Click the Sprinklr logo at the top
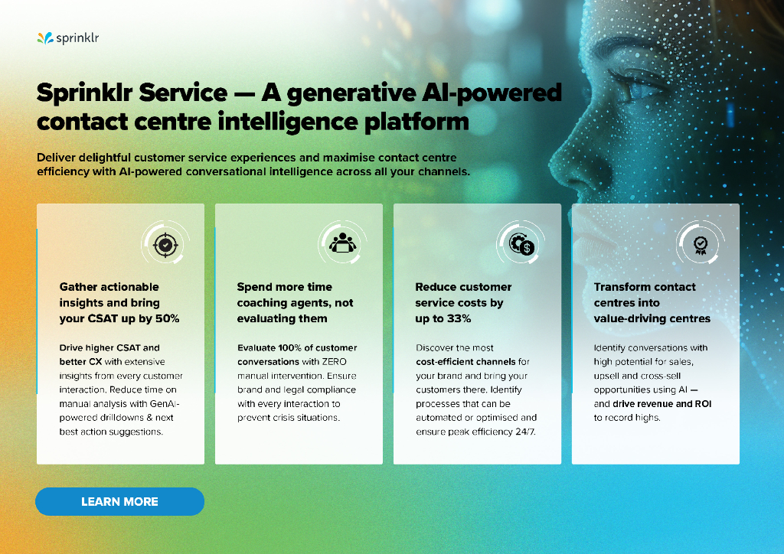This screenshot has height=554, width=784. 67,37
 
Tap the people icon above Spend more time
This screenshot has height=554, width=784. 342,243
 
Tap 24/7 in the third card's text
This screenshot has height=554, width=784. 525,432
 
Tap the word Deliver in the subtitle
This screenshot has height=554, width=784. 57,157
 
